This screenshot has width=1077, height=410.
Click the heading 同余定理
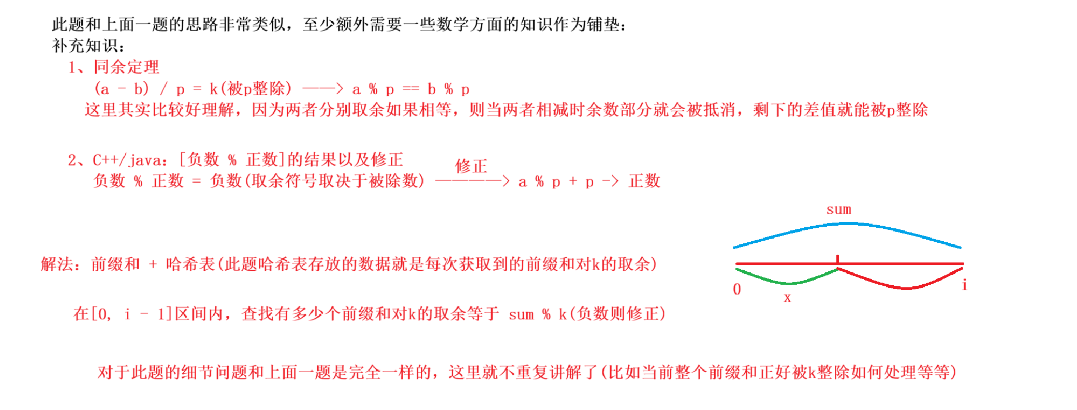(126, 67)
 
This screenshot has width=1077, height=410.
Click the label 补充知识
(85, 46)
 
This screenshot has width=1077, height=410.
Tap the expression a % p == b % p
(411, 89)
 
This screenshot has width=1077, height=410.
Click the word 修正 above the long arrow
(471, 166)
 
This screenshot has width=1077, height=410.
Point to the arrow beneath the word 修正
(473, 181)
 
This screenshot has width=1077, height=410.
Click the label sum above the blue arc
(838, 209)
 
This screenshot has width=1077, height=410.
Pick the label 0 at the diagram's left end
(737, 289)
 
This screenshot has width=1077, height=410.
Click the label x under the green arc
(787, 298)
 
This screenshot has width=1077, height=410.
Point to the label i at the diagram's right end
(964, 285)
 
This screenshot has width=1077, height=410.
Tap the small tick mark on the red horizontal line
(837, 258)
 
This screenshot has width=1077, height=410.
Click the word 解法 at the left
(57, 264)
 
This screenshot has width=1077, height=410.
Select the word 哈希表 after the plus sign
(190, 264)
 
